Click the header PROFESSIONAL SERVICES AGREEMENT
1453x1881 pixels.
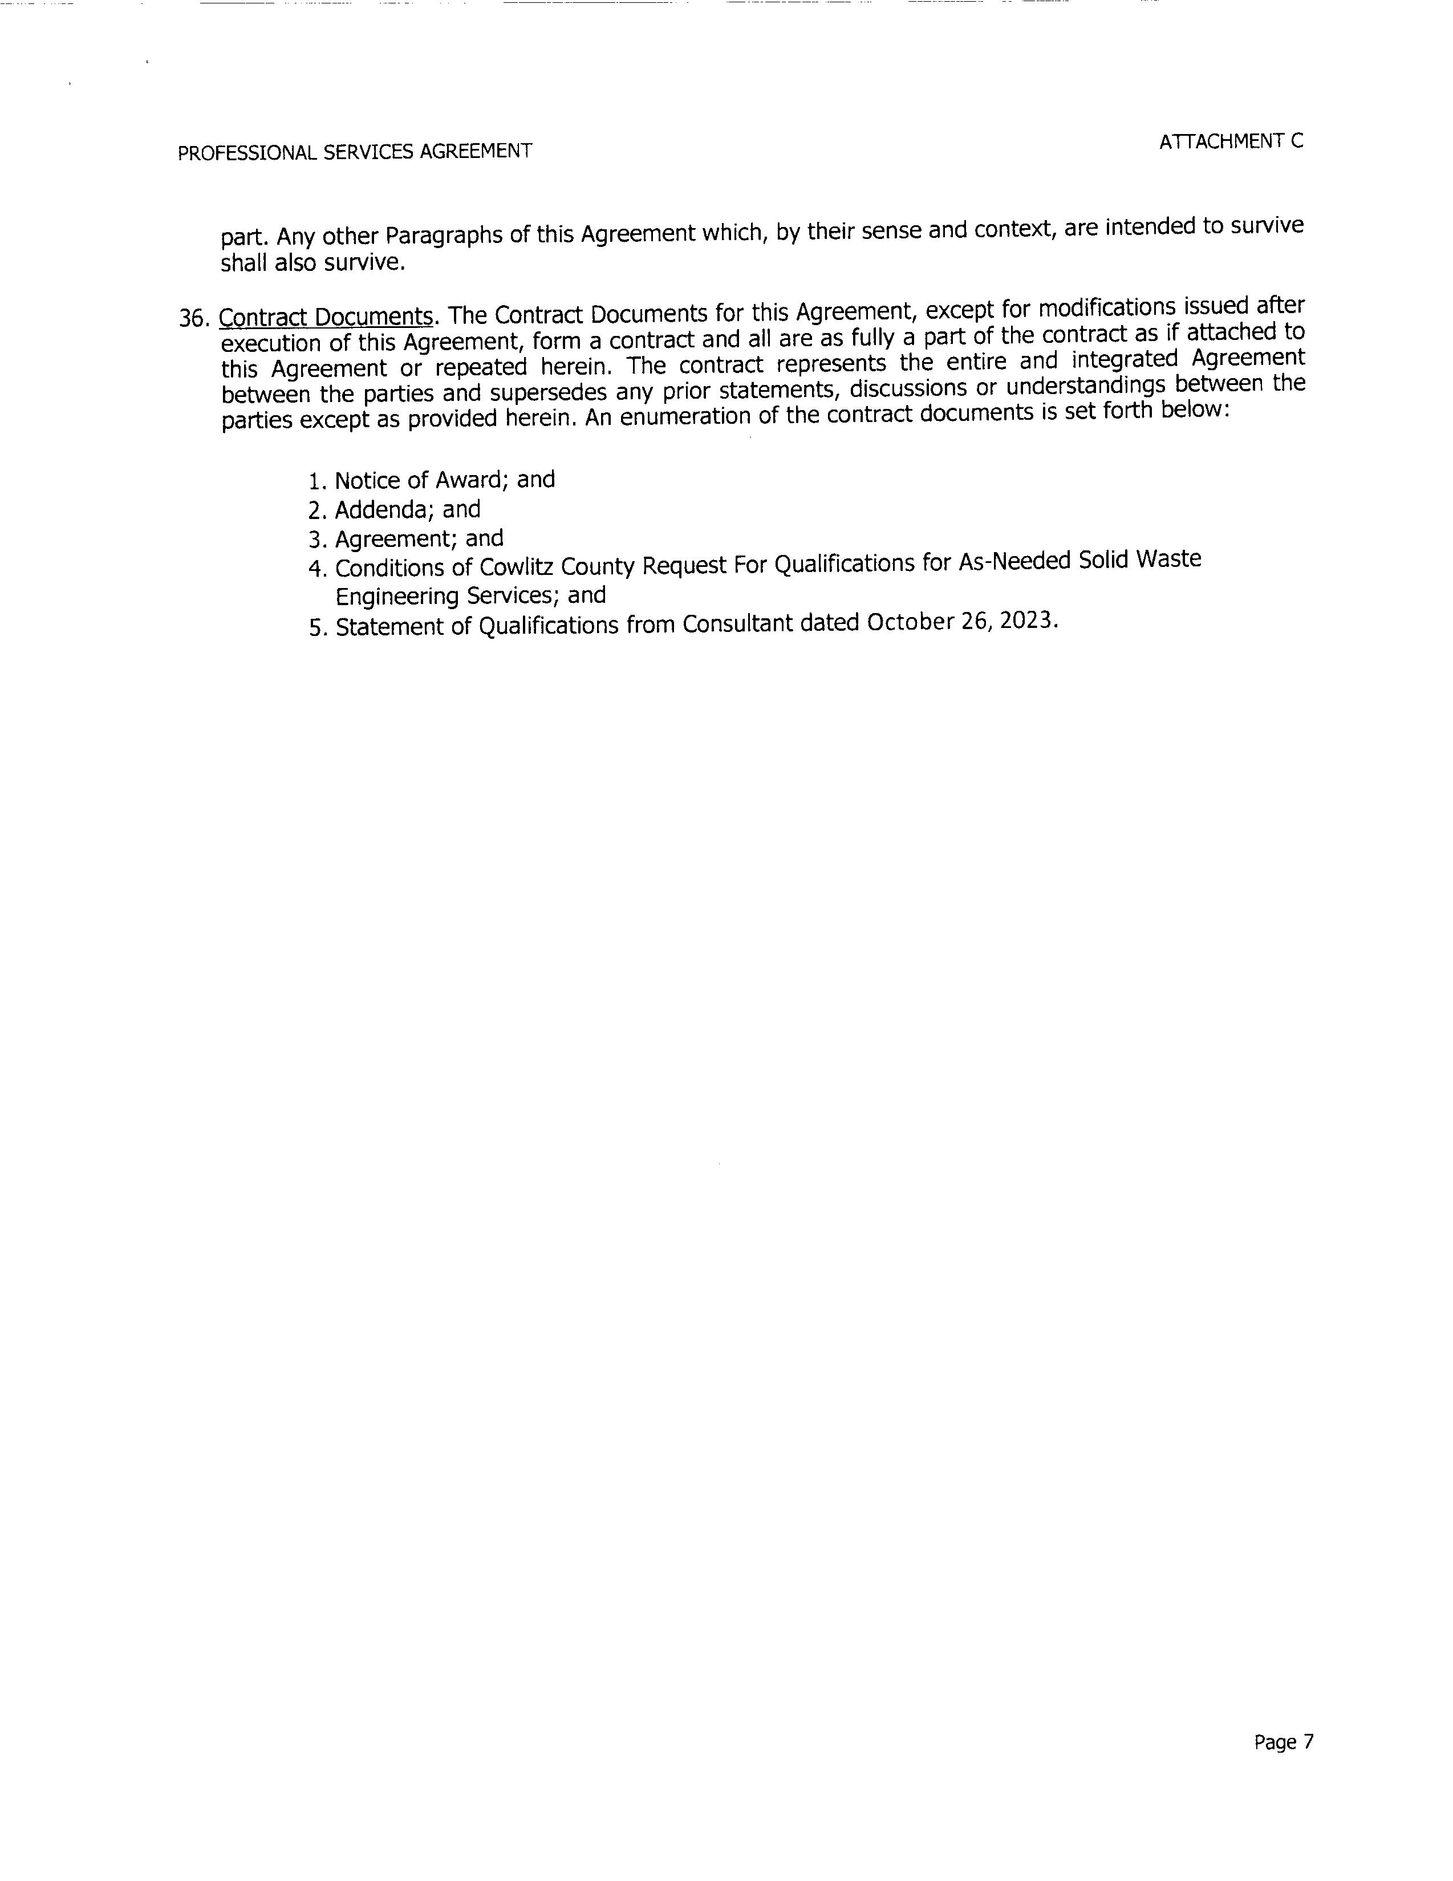coord(354,152)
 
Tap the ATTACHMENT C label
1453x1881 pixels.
coord(1231,142)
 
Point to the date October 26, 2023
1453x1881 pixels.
coord(960,621)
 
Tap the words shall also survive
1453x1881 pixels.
coord(312,263)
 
